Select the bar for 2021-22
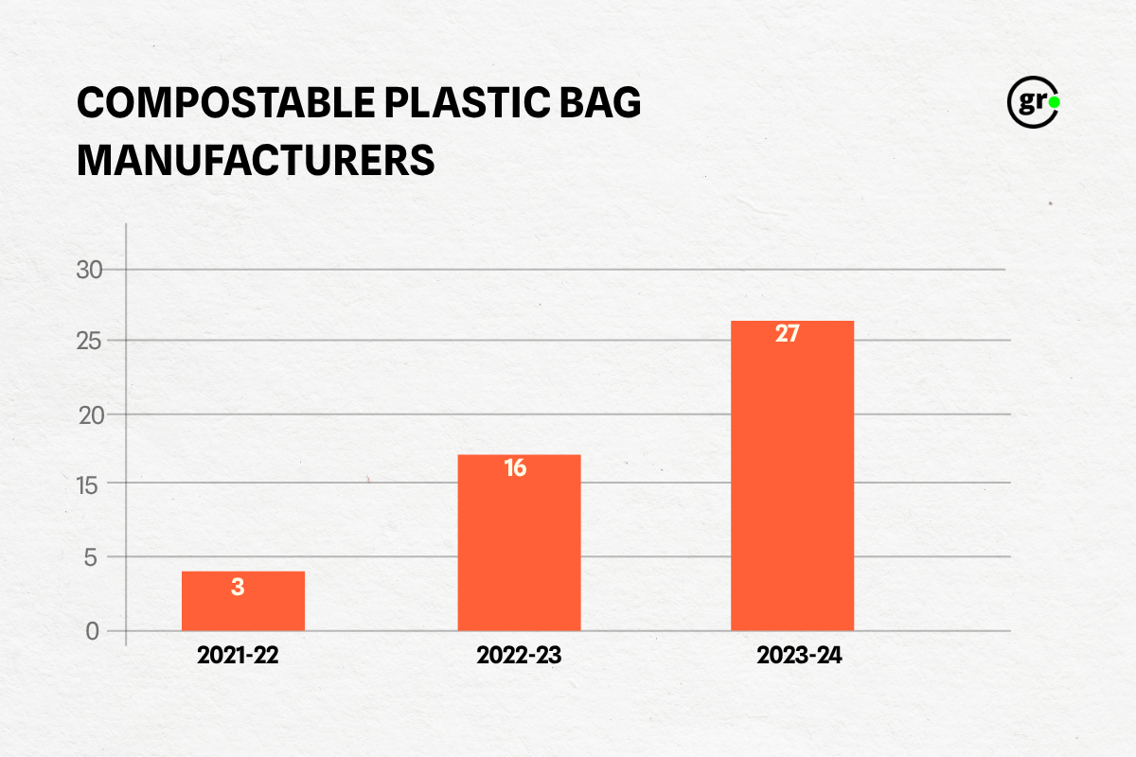pos(243,601)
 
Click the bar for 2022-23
pos(519,542)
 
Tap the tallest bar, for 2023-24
pos(792,476)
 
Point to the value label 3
pos(238,587)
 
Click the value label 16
pos(515,467)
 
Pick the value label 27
pos(787,334)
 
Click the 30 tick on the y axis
pos(89,270)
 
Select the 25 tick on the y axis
pos(89,342)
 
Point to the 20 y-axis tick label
pos(91,415)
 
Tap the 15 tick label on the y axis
pos(87,486)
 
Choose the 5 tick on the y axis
pos(90,557)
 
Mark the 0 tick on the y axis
pos(93,632)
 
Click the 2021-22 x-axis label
pos(238,655)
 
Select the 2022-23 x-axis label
pos(519,655)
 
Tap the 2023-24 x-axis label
pos(799,655)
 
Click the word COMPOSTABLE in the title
pos(225,102)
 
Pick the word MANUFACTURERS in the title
pos(256,160)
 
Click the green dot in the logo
pos(1055,102)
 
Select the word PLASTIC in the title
pos(467,102)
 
